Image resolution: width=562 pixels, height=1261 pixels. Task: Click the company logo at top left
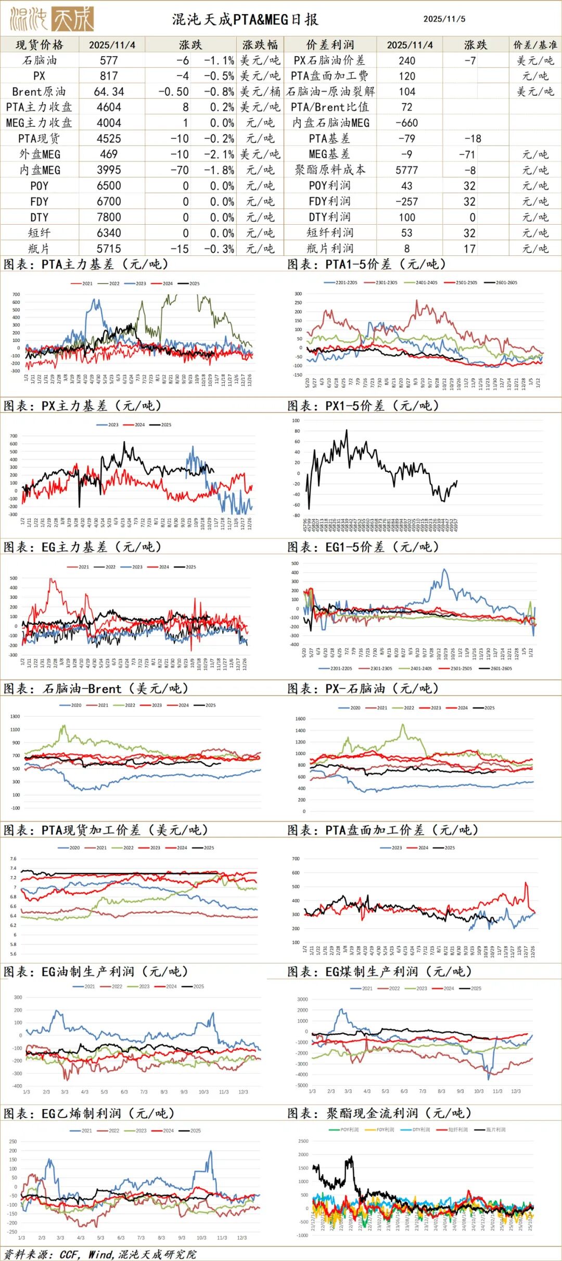(52, 19)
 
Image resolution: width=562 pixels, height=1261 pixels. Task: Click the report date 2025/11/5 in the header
(444, 19)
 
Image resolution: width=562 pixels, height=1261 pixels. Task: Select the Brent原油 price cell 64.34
(109, 92)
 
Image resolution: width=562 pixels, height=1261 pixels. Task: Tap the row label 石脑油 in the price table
(39, 60)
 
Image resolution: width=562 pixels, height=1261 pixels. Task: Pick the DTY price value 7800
(109, 217)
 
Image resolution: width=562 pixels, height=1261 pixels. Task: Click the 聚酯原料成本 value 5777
(406, 170)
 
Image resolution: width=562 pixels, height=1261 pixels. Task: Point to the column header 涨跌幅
(260, 45)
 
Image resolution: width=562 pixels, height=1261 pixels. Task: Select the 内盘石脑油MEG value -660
(406, 123)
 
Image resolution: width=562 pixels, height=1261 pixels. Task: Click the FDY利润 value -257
(406, 202)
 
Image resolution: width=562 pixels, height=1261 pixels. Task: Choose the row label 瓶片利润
(330, 249)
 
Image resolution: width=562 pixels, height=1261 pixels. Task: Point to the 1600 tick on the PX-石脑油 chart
(300, 719)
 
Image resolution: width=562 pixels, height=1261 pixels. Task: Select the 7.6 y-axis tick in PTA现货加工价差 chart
(14, 859)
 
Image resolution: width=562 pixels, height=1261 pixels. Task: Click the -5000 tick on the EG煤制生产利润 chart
(301, 1085)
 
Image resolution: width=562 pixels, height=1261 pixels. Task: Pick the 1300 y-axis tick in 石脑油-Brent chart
(15, 717)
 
